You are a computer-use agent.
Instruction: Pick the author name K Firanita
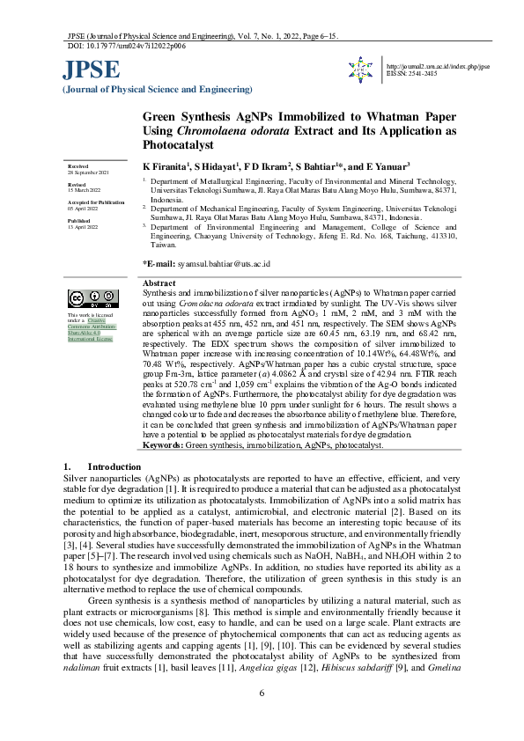click(166, 166)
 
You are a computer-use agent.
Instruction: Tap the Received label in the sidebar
click(78, 165)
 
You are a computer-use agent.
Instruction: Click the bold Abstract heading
click(159, 283)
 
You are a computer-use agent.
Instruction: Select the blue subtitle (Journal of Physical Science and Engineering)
click(156, 91)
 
